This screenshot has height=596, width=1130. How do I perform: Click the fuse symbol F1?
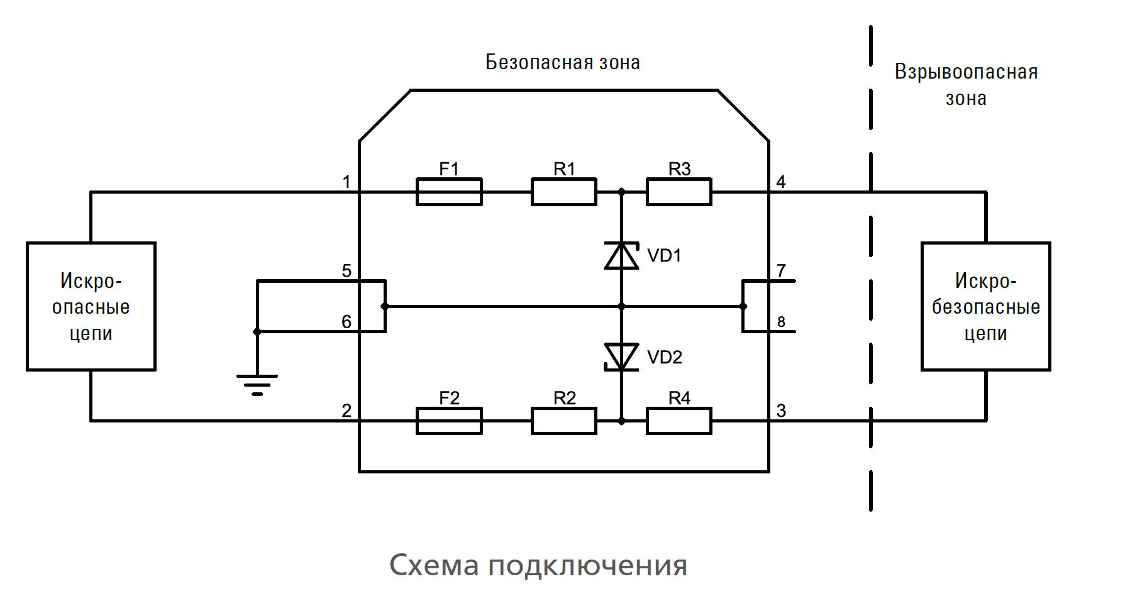tap(449, 192)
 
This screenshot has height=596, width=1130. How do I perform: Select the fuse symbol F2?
tap(449, 421)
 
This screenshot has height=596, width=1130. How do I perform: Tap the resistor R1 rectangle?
tap(563, 192)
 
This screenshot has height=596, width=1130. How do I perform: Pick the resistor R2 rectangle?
tap(563, 421)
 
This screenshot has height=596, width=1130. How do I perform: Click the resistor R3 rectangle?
tap(679, 192)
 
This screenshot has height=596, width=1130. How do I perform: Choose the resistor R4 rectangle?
tap(679, 421)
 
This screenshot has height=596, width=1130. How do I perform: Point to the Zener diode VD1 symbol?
tap(621, 256)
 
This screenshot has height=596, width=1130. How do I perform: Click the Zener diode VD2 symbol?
tap(621, 356)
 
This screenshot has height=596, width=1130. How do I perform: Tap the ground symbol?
tap(257, 384)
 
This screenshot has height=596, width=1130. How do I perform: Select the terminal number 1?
tap(346, 182)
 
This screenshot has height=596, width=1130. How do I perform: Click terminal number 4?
tap(781, 182)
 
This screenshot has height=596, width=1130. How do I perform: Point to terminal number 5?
tap(346, 271)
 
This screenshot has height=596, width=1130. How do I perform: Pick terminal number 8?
tap(781, 323)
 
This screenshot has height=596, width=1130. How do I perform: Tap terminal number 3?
tap(781, 411)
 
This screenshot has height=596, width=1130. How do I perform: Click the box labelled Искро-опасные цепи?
tap(91, 306)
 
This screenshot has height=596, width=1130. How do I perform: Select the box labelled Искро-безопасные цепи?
tap(985, 306)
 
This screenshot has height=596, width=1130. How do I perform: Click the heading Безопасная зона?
tap(562, 62)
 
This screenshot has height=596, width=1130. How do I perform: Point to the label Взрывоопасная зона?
tap(966, 85)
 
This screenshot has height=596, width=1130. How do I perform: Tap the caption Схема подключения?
tap(538, 565)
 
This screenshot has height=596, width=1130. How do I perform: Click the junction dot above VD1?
tap(621, 192)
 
